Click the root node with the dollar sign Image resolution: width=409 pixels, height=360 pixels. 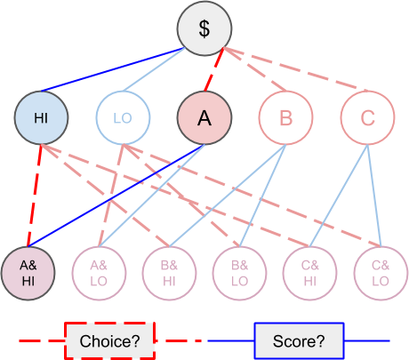click(204, 28)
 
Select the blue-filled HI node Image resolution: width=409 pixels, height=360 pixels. click(41, 117)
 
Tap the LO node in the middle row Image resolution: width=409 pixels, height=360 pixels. click(123, 117)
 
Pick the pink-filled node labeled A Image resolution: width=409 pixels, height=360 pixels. click(204, 117)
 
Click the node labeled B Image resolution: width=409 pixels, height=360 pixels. click(286, 117)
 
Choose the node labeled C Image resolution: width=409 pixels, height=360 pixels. click(367, 117)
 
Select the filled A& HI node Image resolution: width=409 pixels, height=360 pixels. click(28, 273)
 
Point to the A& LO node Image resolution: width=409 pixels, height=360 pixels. click(99, 273)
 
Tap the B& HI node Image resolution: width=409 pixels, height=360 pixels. click(169, 273)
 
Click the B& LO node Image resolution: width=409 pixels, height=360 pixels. click(239, 273)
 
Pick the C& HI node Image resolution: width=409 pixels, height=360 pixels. click(310, 273)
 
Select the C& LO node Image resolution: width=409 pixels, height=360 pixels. click(381, 273)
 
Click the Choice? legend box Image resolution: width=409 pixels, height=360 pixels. click(110, 340)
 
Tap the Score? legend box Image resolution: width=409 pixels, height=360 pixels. click(299, 340)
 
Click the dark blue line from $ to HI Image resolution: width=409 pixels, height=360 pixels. click(113, 69)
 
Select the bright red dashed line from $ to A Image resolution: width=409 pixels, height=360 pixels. click(213, 69)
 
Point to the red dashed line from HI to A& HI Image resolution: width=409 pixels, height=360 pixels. click(35, 196)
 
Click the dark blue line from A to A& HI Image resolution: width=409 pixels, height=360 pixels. click(116, 196)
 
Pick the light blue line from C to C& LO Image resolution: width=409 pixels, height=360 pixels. click(374, 196)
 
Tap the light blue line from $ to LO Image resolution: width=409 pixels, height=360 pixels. click(154, 69)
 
